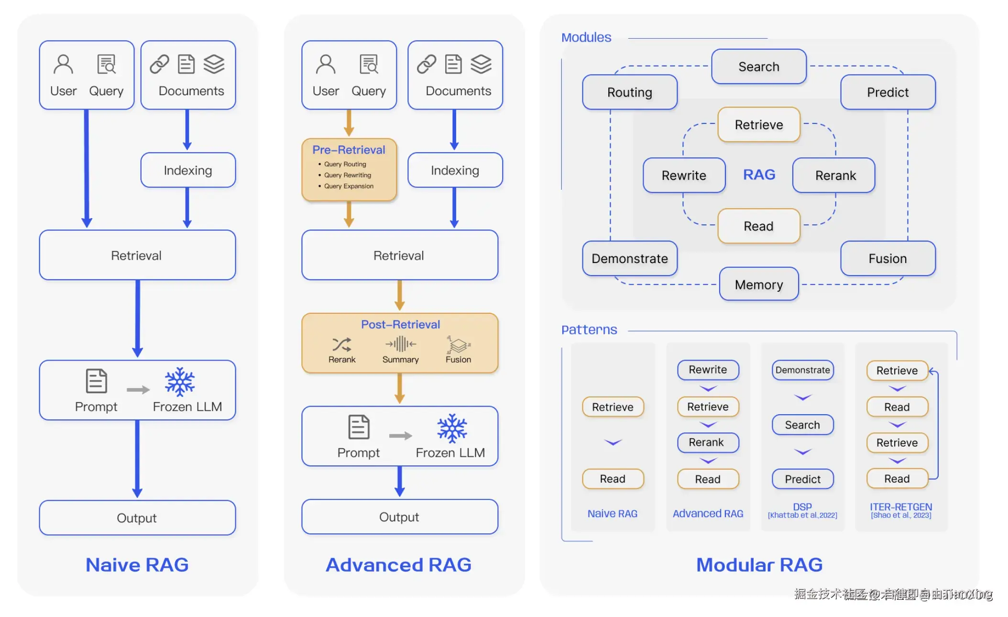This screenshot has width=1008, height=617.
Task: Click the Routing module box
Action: pos(629,92)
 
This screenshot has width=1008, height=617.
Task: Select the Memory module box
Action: pos(758,285)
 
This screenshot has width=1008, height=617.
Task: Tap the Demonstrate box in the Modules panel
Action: pos(629,259)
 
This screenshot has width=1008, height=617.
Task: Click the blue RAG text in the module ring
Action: pos(759,175)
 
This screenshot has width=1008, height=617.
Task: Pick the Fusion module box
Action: pos(887,259)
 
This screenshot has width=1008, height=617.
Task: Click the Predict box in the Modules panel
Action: pos(887,92)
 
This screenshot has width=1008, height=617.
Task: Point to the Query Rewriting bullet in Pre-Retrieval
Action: pos(347,175)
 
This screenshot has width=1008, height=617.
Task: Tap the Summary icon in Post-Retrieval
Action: pos(400,344)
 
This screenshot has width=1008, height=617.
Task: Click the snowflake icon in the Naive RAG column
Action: pos(180,382)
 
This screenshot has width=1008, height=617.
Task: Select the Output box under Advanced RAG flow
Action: pos(399,517)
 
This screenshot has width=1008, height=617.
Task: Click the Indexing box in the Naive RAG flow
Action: pos(188,170)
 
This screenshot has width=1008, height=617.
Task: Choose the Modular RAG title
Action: pos(759,565)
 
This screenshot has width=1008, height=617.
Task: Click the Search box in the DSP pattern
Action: pos(802,425)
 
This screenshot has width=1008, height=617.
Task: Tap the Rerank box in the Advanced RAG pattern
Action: pos(707,442)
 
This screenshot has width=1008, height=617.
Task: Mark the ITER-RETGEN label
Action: pos(901,507)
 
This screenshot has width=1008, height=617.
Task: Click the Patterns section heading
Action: pos(589,330)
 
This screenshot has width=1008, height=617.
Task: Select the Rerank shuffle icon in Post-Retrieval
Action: pos(341,344)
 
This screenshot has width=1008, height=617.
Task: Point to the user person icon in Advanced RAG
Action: pos(326,64)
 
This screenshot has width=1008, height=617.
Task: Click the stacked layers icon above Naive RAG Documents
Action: pos(214,64)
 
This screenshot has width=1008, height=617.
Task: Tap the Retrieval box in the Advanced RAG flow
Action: pos(399,255)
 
